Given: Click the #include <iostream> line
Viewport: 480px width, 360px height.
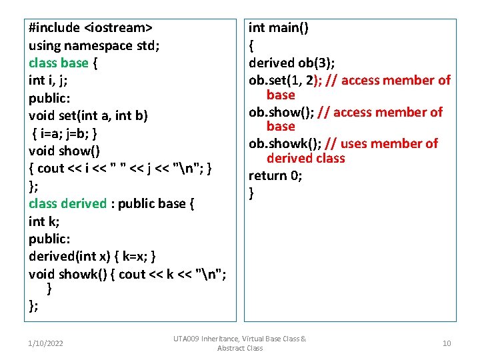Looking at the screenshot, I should pos(90,28).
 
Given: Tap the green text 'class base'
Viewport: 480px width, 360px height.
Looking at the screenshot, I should pos(58,63).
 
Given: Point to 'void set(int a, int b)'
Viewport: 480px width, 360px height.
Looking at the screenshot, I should pos(89,115).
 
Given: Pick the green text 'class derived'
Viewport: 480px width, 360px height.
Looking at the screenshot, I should pos(67,203).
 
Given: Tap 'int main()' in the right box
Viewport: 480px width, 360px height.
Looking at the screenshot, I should pos(278,28).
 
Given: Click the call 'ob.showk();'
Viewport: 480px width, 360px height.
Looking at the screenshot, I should pos(285,143).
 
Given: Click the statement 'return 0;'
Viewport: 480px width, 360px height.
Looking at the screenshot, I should pos(275,175).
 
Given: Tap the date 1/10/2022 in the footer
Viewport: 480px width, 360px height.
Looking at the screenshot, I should pos(46,343).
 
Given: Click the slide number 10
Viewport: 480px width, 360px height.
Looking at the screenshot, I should pos(446,343).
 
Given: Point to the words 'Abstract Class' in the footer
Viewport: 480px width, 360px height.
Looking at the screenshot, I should pos(240,348).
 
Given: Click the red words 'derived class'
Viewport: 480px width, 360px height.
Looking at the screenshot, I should pos(305,159).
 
